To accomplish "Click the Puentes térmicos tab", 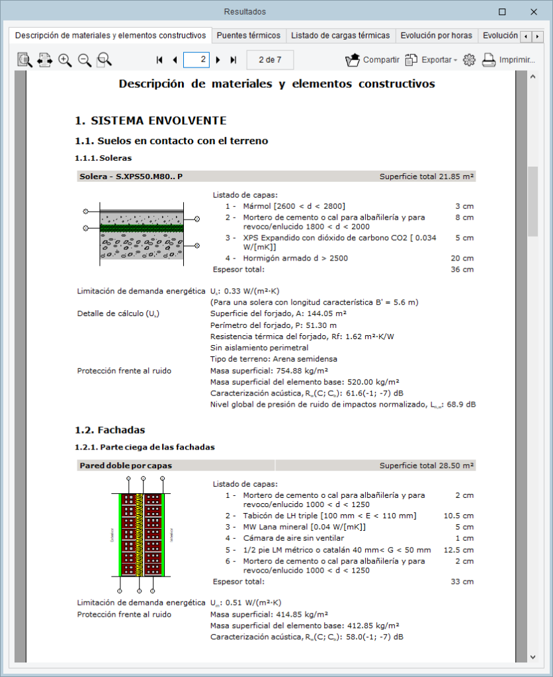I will pyautogui.click(x=249, y=36).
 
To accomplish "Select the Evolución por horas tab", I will pyautogui.click(x=436, y=36).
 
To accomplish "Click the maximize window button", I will pyautogui.click(x=502, y=12).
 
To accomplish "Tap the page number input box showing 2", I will pyautogui.click(x=196, y=60).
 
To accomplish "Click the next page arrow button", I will pyautogui.click(x=218, y=60).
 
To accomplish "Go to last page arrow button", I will pyautogui.click(x=233, y=60).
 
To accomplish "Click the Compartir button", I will pyautogui.click(x=372, y=60).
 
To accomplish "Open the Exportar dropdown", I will pyautogui.click(x=431, y=60).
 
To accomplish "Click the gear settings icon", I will pyautogui.click(x=469, y=60).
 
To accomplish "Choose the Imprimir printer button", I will pyautogui.click(x=507, y=60).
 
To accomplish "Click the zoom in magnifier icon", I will pyautogui.click(x=65, y=60).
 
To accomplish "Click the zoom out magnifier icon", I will pyautogui.click(x=85, y=60).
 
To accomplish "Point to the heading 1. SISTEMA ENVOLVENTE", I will pyautogui.click(x=151, y=120).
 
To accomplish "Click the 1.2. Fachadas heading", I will pyautogui.click(x=110, y=430).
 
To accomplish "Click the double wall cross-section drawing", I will pyautogui.click(x=140, y=535).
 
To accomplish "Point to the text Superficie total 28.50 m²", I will pyautogui.click(x=427, y=465).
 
